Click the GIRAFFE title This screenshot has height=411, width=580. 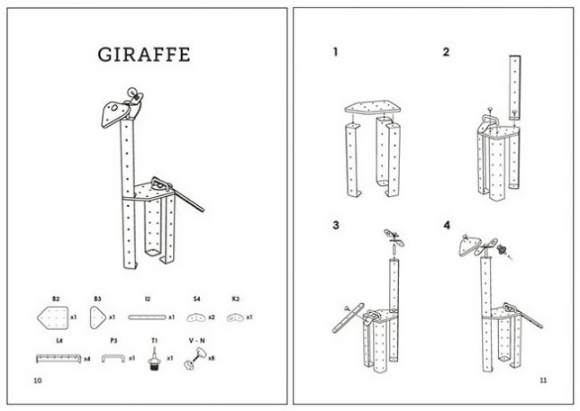(x=144, y=55)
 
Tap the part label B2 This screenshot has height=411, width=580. (x=56, y=299)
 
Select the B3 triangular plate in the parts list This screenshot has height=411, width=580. (x=97, y=317)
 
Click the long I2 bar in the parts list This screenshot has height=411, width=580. (x=147, y=317)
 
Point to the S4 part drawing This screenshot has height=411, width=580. (x=196, y=317)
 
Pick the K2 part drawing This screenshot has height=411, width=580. (x=235, y=317)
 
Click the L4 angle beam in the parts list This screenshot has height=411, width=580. (x=59, y=359)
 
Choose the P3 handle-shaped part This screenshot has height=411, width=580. (x=113, y=358)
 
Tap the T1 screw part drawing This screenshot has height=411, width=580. (x=154, y=357)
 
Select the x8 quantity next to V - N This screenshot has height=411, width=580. (x=212, y=358)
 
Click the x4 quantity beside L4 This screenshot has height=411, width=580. (x=87, y=359)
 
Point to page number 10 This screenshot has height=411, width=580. (x=38, y=380)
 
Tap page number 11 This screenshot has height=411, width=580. (x=543, y=380)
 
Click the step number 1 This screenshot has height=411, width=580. (x=336, y=52)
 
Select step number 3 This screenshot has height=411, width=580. (x=336, y=225)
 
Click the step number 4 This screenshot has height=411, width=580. (x=447, y=225)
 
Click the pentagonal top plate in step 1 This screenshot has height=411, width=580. (x=373, y=107)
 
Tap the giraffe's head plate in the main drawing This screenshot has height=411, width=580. (x=114, y=113)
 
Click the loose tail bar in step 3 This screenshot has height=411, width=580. (x=348, y=318)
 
